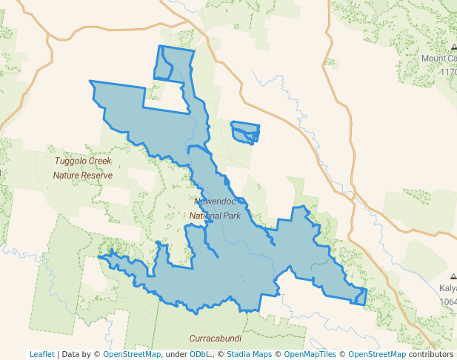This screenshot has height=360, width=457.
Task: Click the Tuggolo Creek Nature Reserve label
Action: [x=82, y=168]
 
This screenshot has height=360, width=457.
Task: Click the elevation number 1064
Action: [x=447, y=301]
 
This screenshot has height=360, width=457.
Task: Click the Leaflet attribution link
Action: [x=41, y=354]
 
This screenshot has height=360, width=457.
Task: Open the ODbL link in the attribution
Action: [x=200, y=354]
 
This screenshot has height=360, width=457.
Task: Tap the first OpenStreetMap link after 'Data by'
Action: [x=131, y=354]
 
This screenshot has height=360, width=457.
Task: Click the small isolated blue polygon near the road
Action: [x=245, y=133]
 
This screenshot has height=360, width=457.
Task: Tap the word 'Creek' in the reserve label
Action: [x=100, y=161]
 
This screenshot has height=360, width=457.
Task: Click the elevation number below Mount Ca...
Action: [x=448, y=72]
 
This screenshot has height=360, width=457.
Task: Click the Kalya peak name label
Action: [x=447, y=288]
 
